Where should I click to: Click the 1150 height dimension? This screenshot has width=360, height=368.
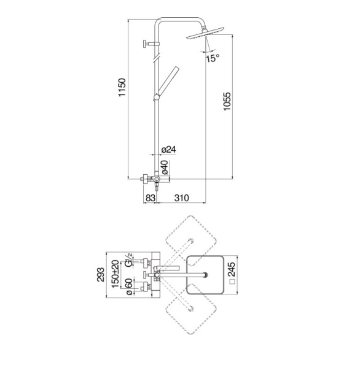[x=122, y=87]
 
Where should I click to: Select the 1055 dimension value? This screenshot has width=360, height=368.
[x=227, y=101]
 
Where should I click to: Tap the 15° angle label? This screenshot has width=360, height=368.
[x=213, y=58]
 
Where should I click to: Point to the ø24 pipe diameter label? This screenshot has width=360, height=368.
[x=169, y=150]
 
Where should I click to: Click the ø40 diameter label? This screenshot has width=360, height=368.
[x=165, y=167]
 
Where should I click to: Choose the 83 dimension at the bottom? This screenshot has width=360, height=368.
[x=151, y=198]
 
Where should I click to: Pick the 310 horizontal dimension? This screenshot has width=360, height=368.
[x=181, y=198]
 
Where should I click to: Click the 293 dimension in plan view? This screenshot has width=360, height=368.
[x=101, y=274]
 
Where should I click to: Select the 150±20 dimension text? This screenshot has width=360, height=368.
[x=115, y=274]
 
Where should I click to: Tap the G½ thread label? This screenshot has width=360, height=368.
[x=129, y=260]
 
